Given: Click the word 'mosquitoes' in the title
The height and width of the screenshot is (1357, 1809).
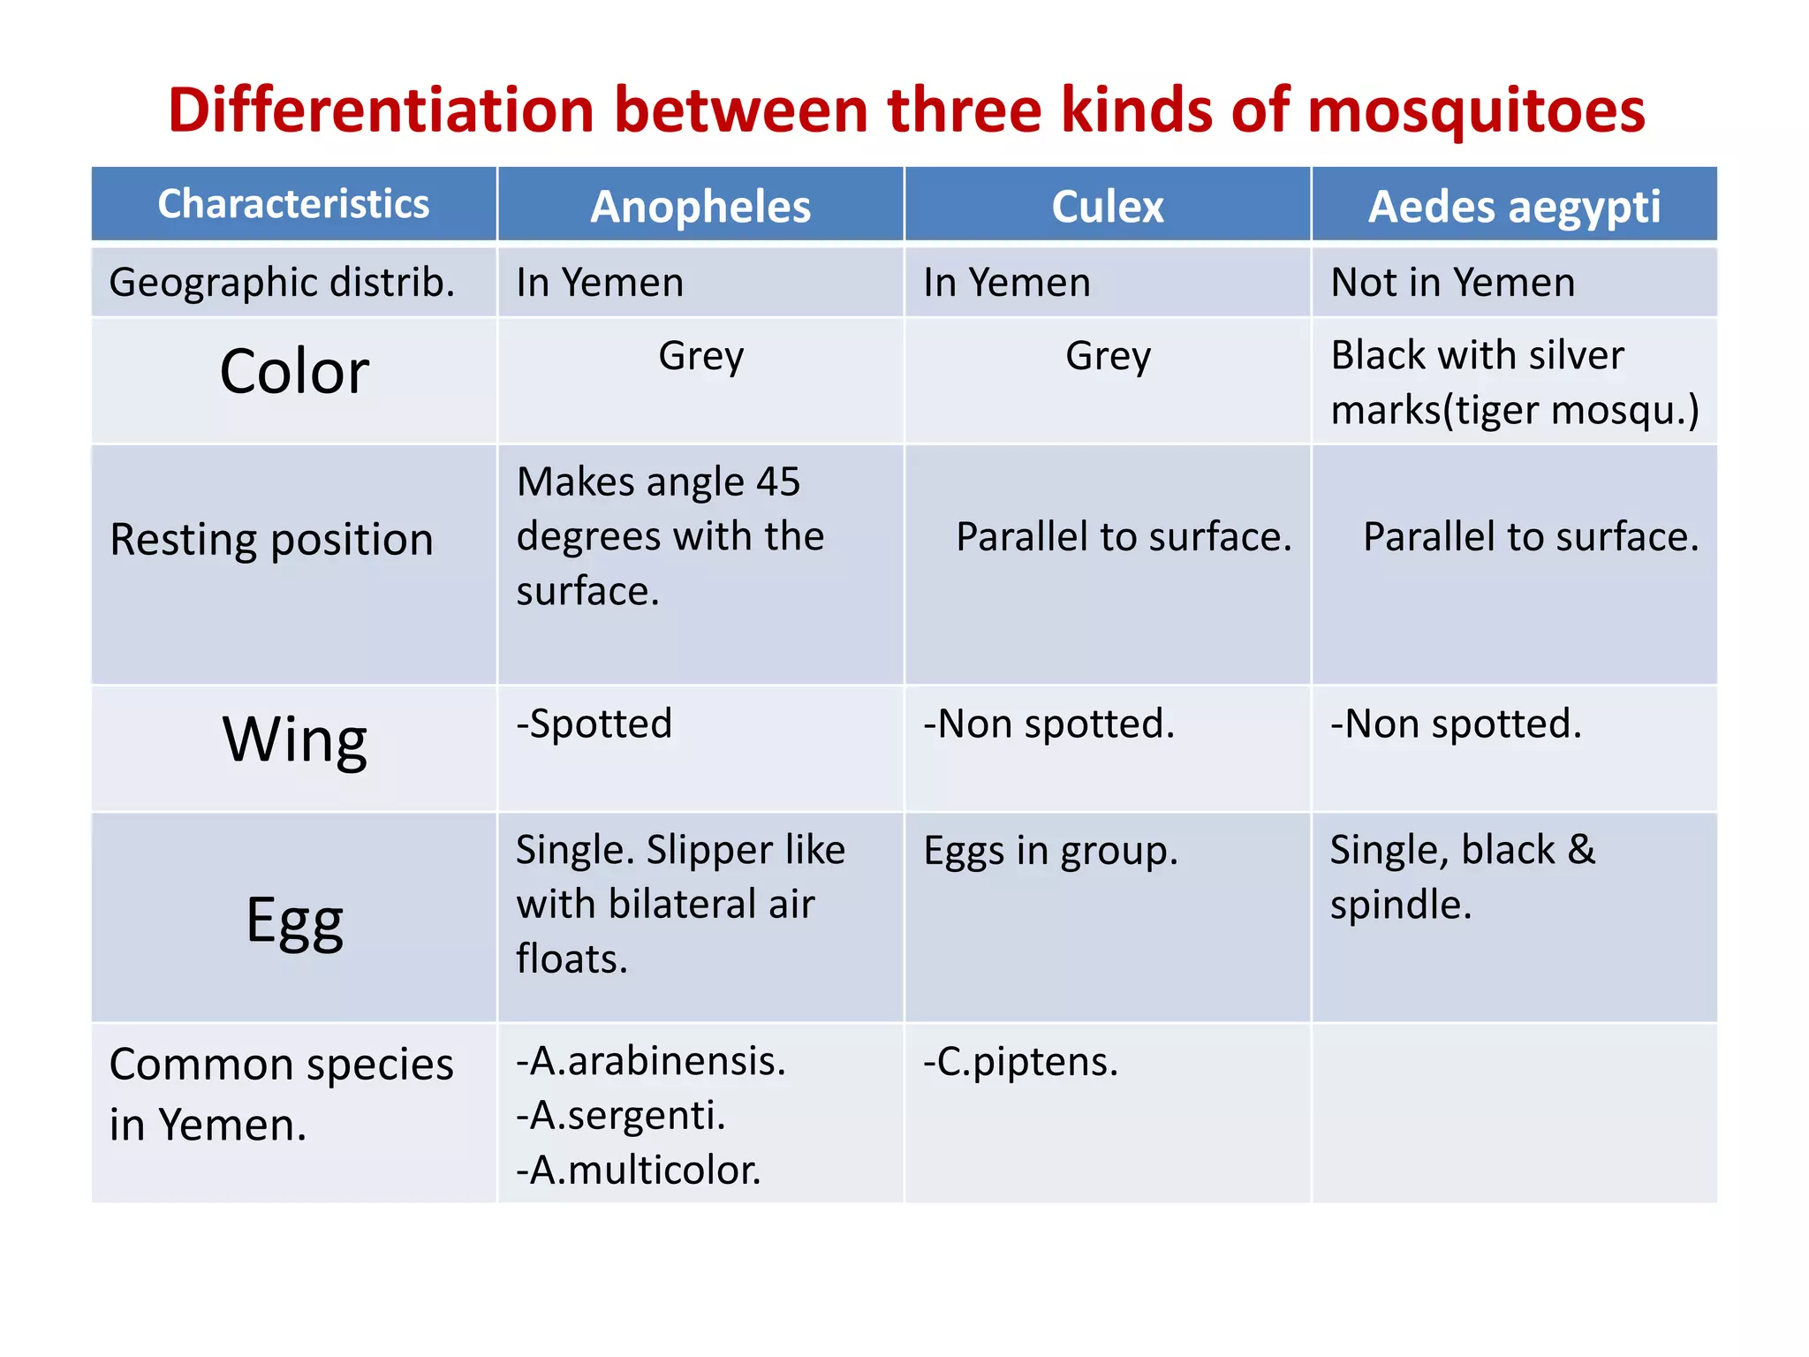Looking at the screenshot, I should pos(1475,111).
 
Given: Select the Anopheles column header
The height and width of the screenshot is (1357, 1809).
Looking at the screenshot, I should pos(700,207).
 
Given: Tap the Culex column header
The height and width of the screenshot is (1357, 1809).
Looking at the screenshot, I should pos(1108,207).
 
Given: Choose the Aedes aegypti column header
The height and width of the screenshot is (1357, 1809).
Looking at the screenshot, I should pos(1514,207).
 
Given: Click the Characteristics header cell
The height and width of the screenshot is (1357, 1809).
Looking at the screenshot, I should pos(293,204).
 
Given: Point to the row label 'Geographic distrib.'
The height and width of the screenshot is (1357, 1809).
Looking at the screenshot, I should pos(282,283).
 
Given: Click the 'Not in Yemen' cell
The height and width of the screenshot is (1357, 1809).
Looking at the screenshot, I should pos(1452,283).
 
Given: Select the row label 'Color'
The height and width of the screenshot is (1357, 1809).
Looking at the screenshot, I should pos(293,371).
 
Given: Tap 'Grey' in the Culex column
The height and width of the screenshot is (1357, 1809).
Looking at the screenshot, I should pos(1108,356).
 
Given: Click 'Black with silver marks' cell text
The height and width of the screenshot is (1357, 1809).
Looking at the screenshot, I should pos(1514,382).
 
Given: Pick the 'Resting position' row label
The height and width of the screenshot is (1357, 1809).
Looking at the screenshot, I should pos(271,539).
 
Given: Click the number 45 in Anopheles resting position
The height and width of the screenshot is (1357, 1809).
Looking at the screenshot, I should pos(777,482).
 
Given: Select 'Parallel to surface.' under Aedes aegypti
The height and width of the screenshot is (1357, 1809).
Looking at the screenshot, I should pos(1530,537).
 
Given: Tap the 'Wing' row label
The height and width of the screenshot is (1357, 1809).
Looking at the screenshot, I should pos(293,739).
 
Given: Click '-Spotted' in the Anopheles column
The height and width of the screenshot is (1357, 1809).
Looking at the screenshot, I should pos(594,724).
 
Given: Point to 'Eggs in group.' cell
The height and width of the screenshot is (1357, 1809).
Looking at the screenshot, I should pos(1050,851).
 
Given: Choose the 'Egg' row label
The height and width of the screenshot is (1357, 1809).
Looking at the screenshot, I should pos(293,921).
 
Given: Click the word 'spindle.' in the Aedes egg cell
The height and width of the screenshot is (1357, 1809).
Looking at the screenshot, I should pos(1401,906).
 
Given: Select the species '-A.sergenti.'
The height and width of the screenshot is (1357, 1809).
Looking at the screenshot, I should pos(621,1116).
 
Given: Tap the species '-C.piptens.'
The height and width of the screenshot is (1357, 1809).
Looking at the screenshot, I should pos(1020,1062).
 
